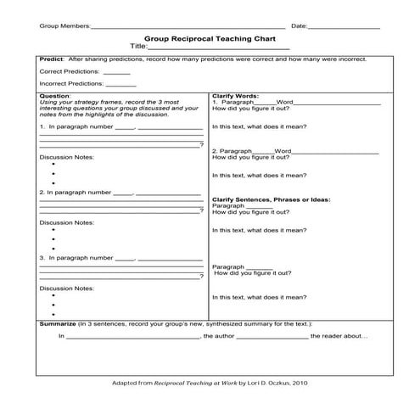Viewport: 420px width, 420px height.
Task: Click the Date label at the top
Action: (x=299, y=26)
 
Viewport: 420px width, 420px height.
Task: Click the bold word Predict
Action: (x=52, y=59)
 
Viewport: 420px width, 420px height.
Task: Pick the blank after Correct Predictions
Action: (x=117, y=73)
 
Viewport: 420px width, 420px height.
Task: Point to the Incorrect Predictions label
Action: (x=70, y=85)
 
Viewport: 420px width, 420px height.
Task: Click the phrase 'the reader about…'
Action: (x=339, y=337)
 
